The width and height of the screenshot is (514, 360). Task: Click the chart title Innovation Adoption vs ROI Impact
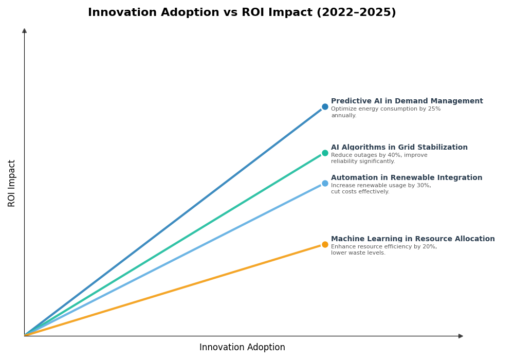click(242, 13)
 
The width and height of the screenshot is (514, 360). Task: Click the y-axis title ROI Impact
click(12, 183)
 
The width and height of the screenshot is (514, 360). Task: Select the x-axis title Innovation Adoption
click(242, 348)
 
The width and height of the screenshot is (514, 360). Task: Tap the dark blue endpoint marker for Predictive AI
click(325, 107)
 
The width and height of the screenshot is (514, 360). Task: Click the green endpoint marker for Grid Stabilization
click(325, 153)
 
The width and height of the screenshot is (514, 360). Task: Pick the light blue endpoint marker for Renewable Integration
click(325, 184)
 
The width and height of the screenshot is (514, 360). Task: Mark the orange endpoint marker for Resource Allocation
click(325, 245)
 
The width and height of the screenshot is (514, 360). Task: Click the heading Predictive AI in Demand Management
click(407, 101)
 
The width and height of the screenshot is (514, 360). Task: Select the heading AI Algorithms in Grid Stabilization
click(399, 148)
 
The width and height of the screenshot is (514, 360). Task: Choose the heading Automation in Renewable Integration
click(406, 178)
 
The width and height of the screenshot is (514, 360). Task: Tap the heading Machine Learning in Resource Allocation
click(412, 239)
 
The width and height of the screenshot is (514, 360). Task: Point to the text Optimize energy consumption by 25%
click(385, 109)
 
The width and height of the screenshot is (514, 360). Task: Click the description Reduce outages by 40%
click(379, 155)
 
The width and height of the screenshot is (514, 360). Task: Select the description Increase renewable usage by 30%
click(381, 186)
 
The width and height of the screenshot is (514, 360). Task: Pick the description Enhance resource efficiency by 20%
click(383, 247)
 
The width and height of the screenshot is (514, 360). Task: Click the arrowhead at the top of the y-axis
click(24, 31)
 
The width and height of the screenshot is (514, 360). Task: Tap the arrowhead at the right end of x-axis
click(461, 336)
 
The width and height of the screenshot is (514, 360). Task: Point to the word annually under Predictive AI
click(343, 116)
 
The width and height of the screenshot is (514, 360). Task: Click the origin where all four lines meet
click(25, 335)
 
